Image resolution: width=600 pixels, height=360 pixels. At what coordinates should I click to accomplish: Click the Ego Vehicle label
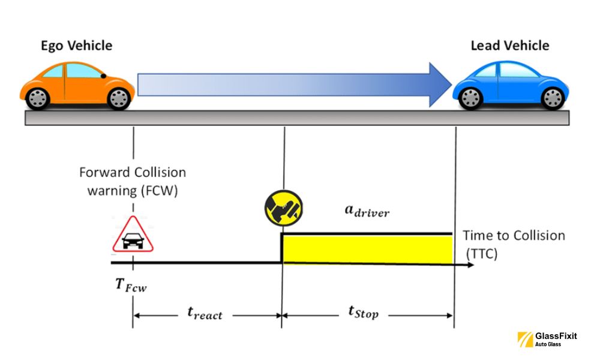76,46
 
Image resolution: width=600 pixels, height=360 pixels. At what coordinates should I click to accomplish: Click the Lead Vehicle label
509,46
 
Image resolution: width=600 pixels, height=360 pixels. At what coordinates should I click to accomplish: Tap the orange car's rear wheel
38,97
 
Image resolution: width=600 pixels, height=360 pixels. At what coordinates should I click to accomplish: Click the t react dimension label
205,313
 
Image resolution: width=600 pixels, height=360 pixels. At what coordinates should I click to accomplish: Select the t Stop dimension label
364,311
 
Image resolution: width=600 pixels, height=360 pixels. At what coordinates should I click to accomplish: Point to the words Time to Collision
514,235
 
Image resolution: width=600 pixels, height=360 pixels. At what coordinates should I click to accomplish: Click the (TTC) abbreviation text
481,254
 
